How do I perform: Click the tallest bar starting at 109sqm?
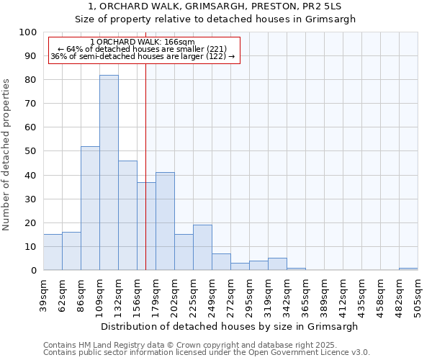109,173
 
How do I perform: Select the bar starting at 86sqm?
90,208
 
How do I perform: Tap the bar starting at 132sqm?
127,215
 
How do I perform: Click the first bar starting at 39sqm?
53,252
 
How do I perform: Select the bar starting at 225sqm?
202,248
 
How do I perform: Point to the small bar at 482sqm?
408,269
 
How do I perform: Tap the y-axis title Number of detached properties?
7,155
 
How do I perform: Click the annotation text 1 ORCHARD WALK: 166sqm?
143,42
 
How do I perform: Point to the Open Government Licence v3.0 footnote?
207,352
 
